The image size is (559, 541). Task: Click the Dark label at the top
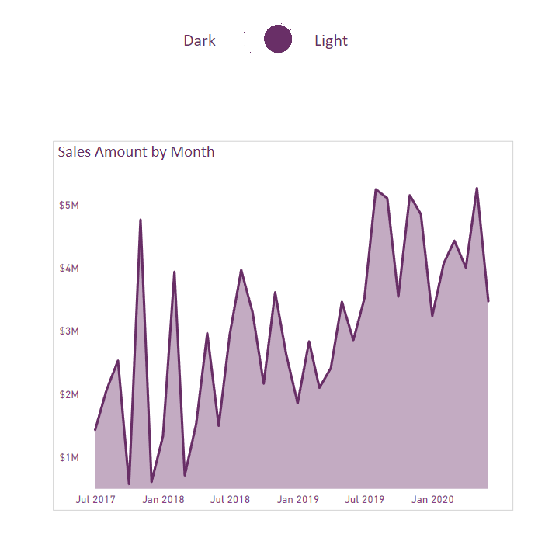point(200,40)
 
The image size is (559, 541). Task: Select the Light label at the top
point(331,40)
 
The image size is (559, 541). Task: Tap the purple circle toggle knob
point(278,39)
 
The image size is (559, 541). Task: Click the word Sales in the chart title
point(75,151)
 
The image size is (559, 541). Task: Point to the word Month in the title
point(193,151)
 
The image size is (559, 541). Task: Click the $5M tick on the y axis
point(68,205)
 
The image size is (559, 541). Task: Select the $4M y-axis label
point(68,268)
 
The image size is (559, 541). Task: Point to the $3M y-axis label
point(68,331)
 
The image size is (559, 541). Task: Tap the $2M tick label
point(68,394)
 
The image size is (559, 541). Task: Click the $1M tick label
point(68,457)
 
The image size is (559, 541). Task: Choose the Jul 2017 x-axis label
point(95,499)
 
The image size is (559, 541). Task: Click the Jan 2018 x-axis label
point(163,499)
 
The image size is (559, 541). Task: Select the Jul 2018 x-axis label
point(230,499)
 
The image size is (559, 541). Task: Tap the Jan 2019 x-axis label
point(297,499)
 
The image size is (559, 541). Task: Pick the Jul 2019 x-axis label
point(365,499)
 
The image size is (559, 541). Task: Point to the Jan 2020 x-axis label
point(432,499)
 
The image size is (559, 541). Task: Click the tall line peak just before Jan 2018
point(141,220)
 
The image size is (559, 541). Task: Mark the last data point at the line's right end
point(488,300)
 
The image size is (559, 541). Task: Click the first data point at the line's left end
point(95,428)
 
